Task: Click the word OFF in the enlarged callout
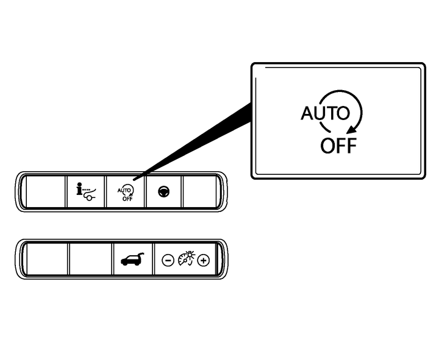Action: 338,146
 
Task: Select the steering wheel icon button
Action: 164,191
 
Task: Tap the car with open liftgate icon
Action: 132,259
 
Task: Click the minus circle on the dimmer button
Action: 167,260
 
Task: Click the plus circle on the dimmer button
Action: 203,260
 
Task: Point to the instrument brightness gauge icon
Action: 185,259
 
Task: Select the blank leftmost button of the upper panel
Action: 45,192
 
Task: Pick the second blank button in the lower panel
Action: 90,260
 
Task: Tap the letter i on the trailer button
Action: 79,189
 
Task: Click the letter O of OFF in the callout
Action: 328,146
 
